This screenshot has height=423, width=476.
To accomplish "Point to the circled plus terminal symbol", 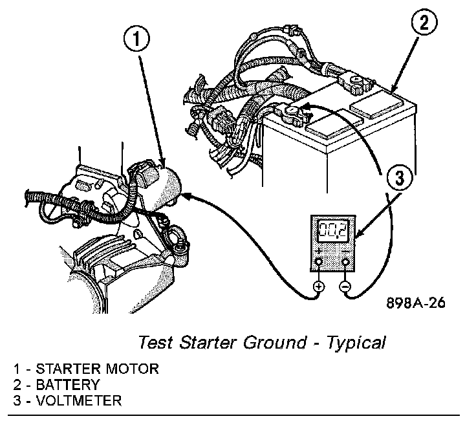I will click(x=318, y=285).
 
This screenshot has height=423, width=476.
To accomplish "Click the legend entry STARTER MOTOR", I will click(x=96, y=370).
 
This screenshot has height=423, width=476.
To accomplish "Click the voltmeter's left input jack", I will click(x=318, y=262).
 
